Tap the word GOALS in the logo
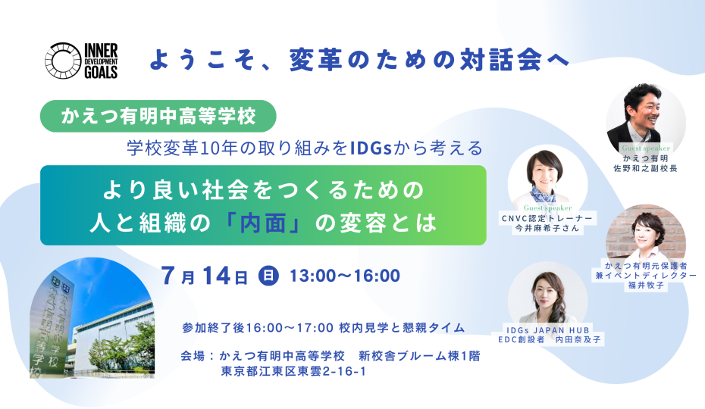click(101, 72)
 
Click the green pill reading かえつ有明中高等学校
click(158, 116)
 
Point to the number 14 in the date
click(217, 275)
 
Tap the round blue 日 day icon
click(268, 275)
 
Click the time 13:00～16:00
click(345, 276)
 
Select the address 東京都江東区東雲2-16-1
click(293, 371)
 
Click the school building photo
click(92, 318)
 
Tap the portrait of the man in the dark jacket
click(646, 118)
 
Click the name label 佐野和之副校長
click(646, 169)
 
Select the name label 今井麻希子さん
click(547, 228)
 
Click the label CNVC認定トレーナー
click(547, 218)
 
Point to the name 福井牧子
click(646, 285)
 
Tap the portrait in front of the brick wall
click(646, 234)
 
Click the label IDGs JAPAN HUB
click(547, 330)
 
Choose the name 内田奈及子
click(578, 339)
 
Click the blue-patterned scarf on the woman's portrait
click(542, 195)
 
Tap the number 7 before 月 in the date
click(168, 275)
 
